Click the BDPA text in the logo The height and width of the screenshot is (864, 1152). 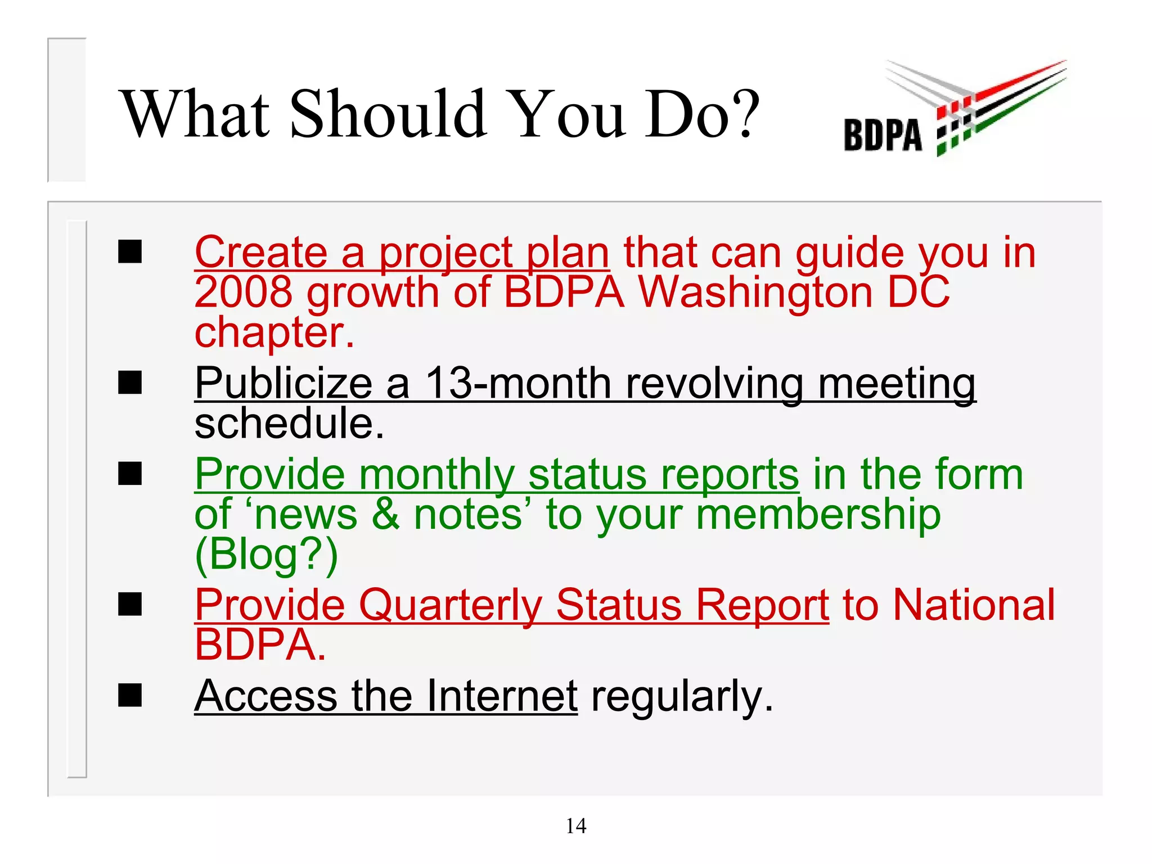coord(883,136)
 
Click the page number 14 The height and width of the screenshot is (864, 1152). coord(576,826)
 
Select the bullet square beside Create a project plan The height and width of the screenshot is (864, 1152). coord(130,251)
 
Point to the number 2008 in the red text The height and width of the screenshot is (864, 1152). coord(243,292)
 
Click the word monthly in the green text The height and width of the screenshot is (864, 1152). coord(437,476)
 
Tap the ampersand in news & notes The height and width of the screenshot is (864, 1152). coord(386,515)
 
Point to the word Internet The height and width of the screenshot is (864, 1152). coord(502,696)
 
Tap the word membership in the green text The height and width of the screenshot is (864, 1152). coord(818,515)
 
